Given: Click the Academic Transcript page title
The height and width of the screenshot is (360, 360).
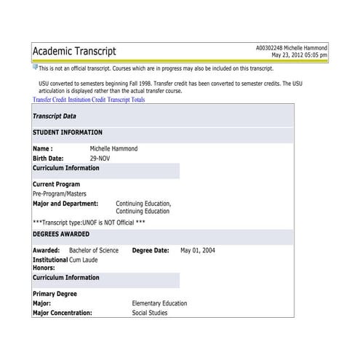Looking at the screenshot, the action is pyautogui.click(x=74, y=51).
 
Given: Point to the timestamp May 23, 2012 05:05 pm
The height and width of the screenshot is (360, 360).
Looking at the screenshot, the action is pyautogui.click(x=300, y=55).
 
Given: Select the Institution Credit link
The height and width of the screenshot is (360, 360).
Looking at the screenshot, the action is pyautogui.click(x=87, y=100).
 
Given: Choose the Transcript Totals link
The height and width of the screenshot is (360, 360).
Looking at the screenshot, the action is pyautogui.click(x=126, y=100).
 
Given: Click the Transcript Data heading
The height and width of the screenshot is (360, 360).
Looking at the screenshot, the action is pyautogui.click(x=55, y=116).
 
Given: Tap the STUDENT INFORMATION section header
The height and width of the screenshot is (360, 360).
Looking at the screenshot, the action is pyautogui.click(x=68, y=133).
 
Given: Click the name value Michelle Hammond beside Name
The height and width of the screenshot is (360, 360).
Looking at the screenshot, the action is pyautogui.click(x=113, y=149).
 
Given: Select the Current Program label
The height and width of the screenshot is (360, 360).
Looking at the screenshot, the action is pyautogui.click(x=56, y=185).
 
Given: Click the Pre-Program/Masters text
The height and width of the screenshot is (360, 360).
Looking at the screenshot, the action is pyautogui.click(x=61, y=194).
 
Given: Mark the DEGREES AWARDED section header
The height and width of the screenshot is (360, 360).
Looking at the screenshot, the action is pyautogui.click(x=61, y=235).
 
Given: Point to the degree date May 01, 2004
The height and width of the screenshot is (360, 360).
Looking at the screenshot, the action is pyautogui.click(x=198, y=251).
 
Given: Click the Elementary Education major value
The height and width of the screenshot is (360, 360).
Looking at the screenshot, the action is pyautogui.click(x=159, y=304).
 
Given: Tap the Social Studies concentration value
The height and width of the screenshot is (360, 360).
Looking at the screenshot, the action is pyautogui.click(x=150, y=313).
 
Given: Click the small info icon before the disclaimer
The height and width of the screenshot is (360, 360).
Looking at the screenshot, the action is pyautogui.click(x=35, y=68).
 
